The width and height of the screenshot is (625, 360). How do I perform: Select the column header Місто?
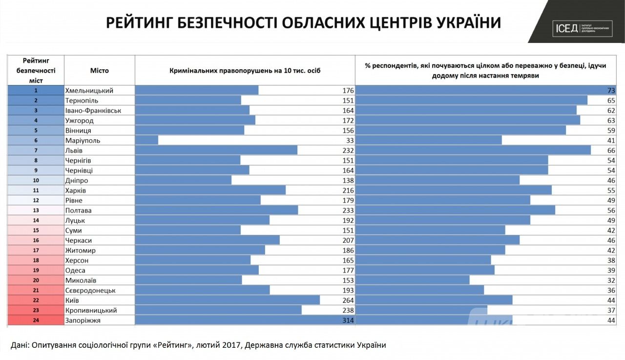pyautogui.click(x=99, y=70)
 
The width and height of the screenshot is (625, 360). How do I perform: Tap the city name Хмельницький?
pyautogui.click(x=89, y=90)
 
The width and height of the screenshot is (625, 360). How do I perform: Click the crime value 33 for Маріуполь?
pyautogui.click(x=349, y=141)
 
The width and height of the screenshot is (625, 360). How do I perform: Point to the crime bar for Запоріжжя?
pyautogui.click(x=244, y=320)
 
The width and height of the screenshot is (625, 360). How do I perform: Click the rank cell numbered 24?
pyautogui.click(x=36, y=320)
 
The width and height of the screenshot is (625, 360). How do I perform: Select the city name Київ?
pyautogui.click(x=72, y=300)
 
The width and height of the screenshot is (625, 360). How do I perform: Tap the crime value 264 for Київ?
pyautogui.click(x=347, y=300)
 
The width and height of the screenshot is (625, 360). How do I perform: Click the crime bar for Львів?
pyautogui.click(x=216, y=150)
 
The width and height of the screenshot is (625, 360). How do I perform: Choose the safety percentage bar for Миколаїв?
pyautogui.click(x=412, y=280)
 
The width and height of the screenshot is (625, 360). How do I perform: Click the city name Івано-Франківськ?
pyautogui.click(x=93, y=110)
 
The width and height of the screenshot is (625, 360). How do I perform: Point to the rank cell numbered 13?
pyautogui.click(x=36, y=211)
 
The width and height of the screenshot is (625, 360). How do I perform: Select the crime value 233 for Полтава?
pyautogui.click(x=347, y=211)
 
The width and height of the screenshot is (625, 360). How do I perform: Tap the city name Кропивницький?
pyautogui.click(x=91, y=310)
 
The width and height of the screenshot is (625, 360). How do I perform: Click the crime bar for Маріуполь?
pyautogui.click(x=146, y=141)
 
